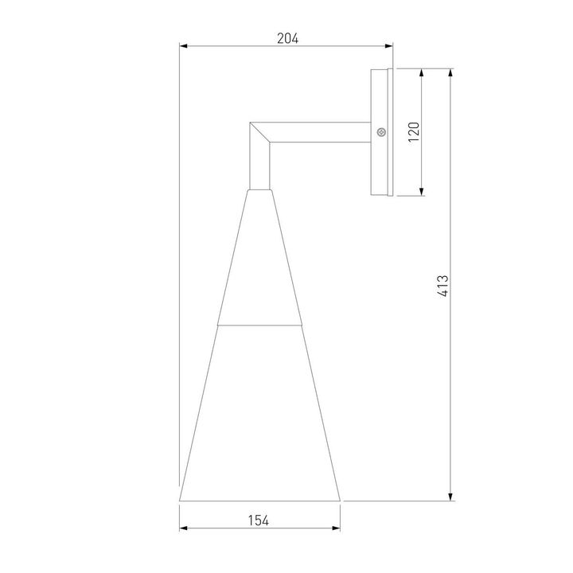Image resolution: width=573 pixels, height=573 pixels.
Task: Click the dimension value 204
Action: (287, 37)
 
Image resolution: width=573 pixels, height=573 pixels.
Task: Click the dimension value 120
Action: (413, 131)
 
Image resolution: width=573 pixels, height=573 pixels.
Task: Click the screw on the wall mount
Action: (381, 131)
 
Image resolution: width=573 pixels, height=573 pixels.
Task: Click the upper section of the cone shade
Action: (259, 263)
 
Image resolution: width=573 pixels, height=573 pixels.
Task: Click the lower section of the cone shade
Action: (259, 414)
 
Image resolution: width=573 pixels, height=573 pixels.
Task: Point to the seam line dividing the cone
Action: (259, 325)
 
